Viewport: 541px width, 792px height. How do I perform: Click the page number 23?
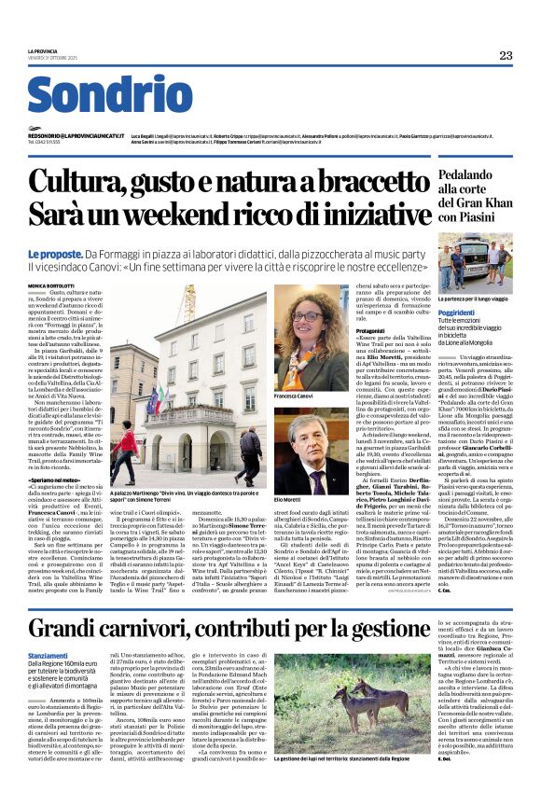[x=506, y=55]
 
